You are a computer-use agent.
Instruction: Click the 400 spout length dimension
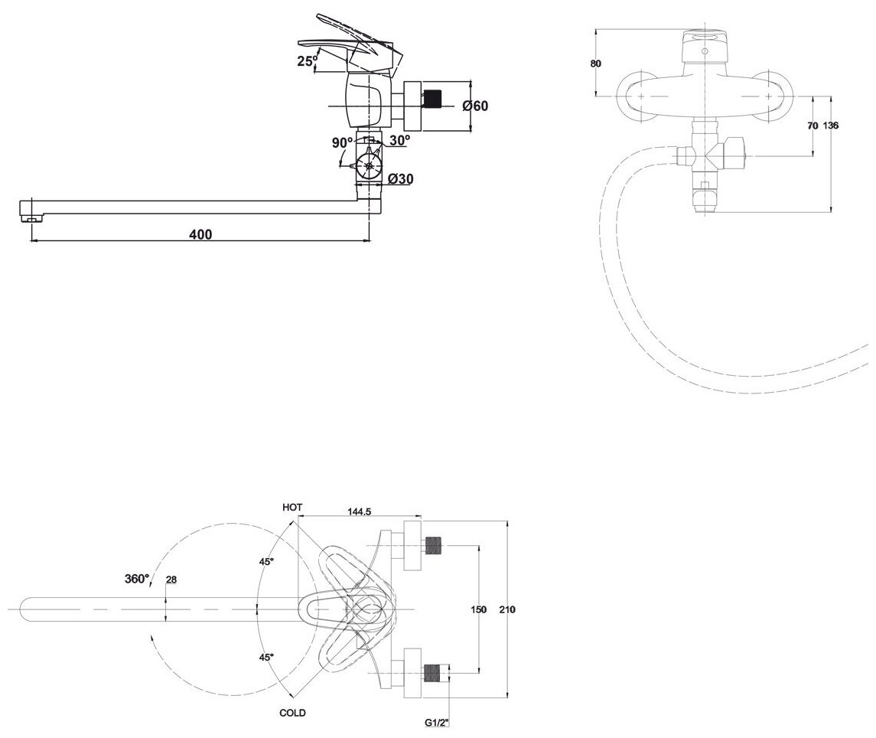pos(200,233)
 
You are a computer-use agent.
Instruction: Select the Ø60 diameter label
pos(475,106)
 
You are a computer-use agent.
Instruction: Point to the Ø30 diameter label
pos(401,179)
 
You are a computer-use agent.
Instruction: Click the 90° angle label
pos(342,142)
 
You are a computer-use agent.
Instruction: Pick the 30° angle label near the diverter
pos(399,140)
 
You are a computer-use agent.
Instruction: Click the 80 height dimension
pos(596,64)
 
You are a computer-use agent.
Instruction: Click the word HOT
pos(293,507)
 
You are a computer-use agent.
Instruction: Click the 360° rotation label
pos(136,579)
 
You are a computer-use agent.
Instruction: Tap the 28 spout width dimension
pos(171,580)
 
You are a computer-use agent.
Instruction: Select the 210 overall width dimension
pos(506,609)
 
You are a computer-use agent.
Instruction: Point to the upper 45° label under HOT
pos(266,562)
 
